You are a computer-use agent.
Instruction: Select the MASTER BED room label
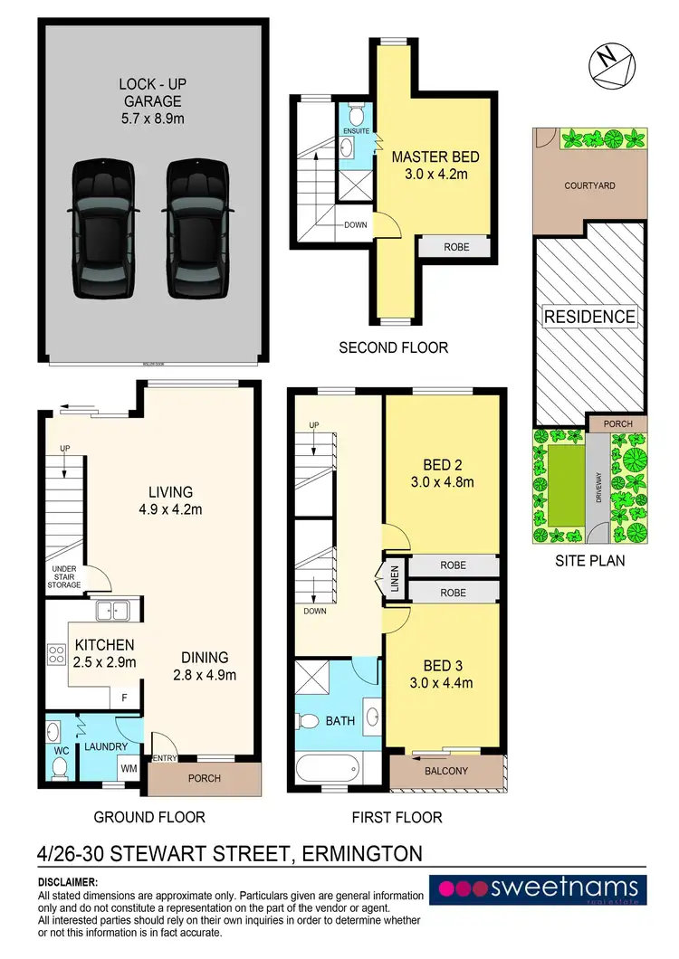(435, 157)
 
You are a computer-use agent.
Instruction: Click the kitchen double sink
(114, 611)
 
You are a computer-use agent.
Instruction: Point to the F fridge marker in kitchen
(125, 698)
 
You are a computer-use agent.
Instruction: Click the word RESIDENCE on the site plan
(589, 317)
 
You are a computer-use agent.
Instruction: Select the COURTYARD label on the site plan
(589, 185)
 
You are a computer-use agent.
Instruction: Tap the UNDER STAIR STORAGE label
(64, 578)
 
